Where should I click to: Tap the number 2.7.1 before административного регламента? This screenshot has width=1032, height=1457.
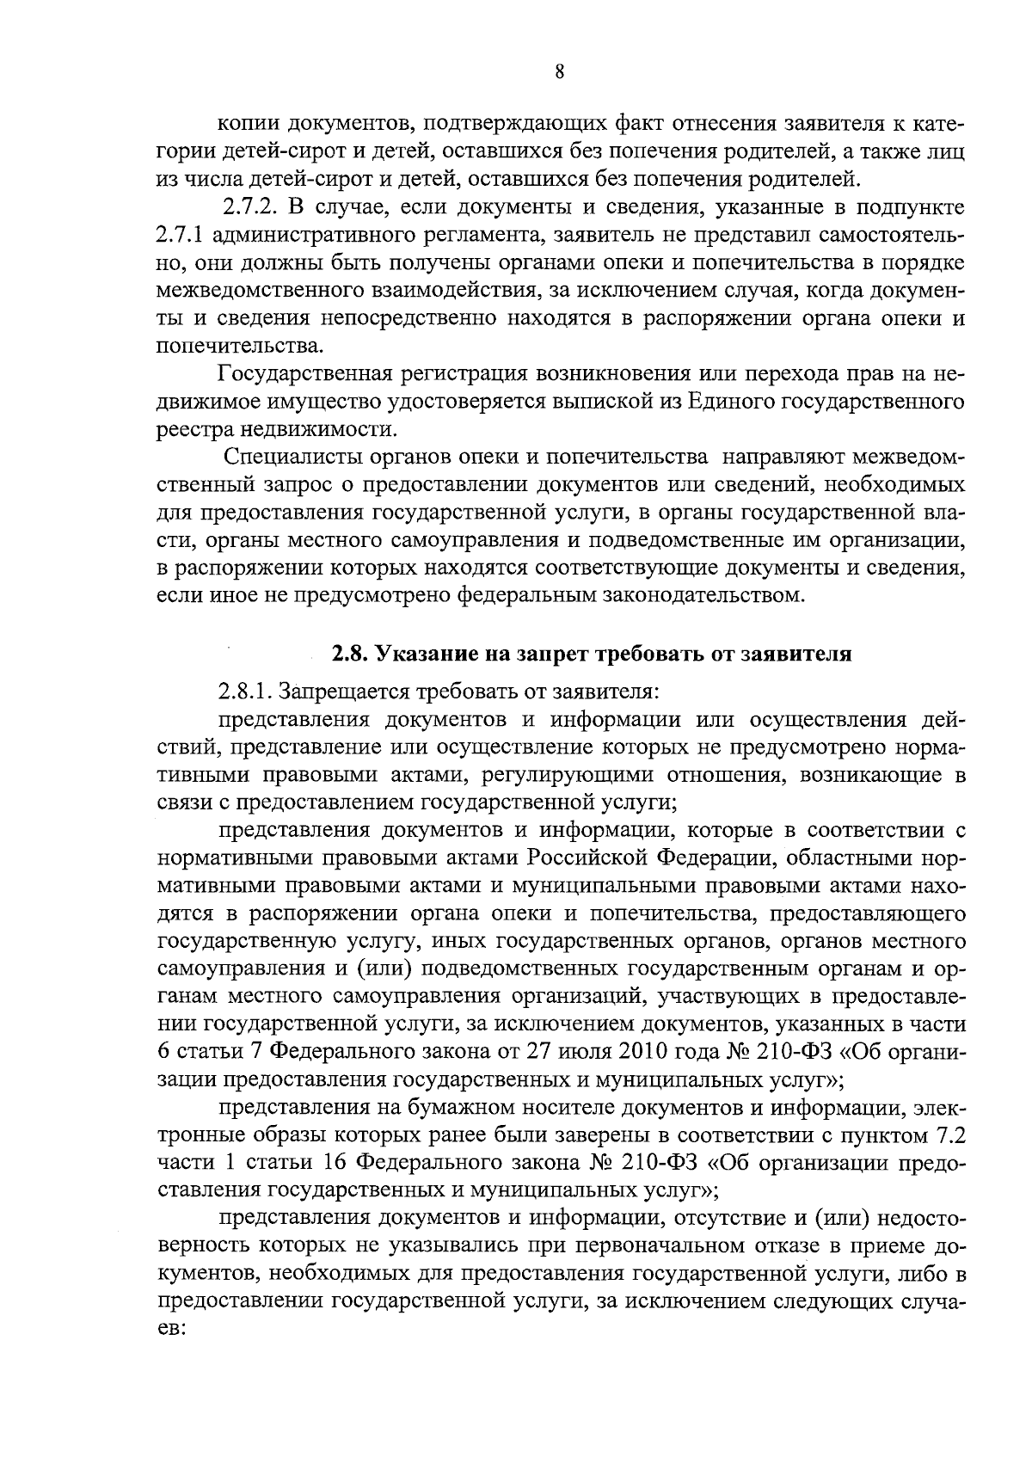pos(178,237)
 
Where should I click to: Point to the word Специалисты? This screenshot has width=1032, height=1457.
pos(290,457)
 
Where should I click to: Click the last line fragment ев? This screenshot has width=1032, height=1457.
pos(172,1329)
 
